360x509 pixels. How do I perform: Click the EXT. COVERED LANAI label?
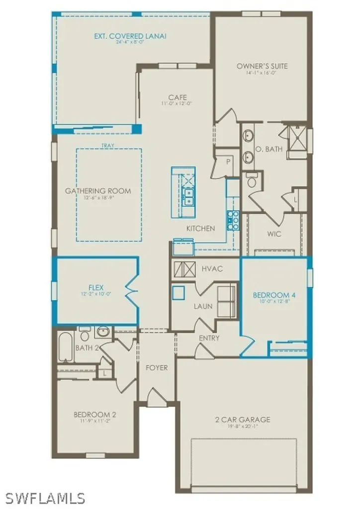tap(130, 36)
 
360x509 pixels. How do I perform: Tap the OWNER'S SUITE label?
tap(262, 66)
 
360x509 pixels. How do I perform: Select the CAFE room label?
tap(177, 97)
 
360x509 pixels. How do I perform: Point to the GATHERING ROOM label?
tap(98, 191)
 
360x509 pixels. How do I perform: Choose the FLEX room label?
tap(95, 287)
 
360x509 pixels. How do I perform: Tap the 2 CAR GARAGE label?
tap(243, 420)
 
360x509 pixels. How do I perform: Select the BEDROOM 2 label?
tap(95, 414)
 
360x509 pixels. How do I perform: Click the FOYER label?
tap(156, 368)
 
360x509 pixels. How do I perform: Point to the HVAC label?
tap(212, 268)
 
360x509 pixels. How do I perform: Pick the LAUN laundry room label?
tap(203, 306)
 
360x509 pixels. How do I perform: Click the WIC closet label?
tap(273, 234)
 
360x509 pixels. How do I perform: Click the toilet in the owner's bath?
tap(252, 180)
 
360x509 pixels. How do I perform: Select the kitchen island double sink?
tap(189, 197)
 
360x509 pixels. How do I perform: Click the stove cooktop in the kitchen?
tap(233, 220)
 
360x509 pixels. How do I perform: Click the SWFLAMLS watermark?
tap(45, 498)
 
